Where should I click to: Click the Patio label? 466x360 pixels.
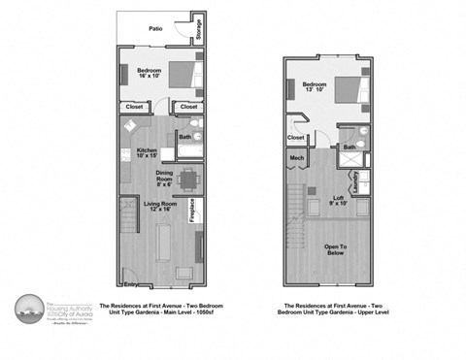(155, 29)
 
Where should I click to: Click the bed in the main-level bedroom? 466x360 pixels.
(183, 75)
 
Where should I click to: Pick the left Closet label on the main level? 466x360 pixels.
(133, 107)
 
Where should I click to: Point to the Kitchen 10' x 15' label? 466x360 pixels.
(147, 153)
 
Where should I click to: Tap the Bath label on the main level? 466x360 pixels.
(184, 138)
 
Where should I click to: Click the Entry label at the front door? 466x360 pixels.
(131, 284)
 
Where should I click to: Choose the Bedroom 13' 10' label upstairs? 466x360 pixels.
(316, 87)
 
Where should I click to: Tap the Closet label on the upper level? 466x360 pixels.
(297, 137)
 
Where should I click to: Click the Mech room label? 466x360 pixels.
(296, 158)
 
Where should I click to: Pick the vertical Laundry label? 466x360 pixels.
(356, 181)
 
